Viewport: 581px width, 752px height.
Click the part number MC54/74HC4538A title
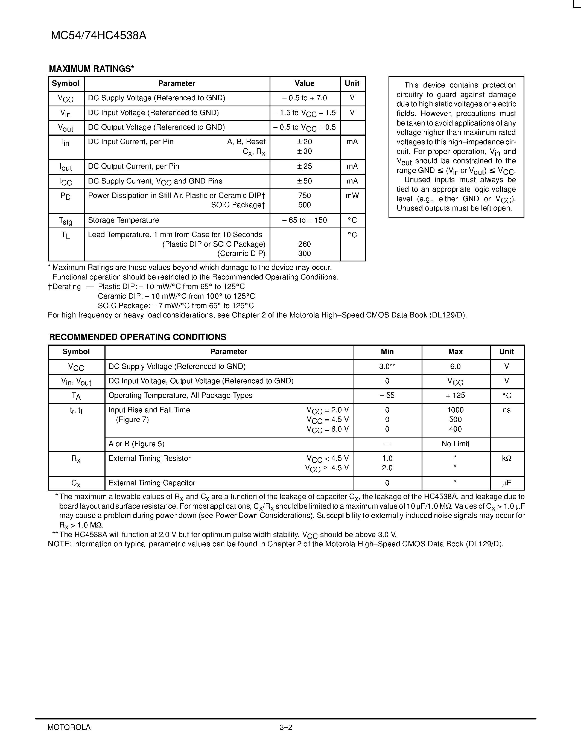(98, 36)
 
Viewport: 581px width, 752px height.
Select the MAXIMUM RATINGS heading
(91, 69)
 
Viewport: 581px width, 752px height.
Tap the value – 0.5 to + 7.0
(305, 98)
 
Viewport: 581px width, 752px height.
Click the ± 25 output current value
(305, 166)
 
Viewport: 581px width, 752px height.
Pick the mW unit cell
(352, 196)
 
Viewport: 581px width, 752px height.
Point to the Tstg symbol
(65, 221)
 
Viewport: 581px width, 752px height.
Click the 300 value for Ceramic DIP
(305, 254)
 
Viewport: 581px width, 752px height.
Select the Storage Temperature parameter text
(124, 220)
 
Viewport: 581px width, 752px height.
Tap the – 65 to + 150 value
(305, 220)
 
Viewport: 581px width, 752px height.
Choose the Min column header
(387, 352)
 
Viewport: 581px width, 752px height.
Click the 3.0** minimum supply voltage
(387, 366)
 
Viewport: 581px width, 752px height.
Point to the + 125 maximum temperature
(456, 396)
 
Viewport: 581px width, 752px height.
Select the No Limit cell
(456, 444)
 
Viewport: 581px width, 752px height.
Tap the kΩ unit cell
(507, 459)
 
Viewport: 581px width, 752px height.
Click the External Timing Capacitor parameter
(152, 483)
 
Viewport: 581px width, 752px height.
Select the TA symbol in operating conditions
(76, 396)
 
